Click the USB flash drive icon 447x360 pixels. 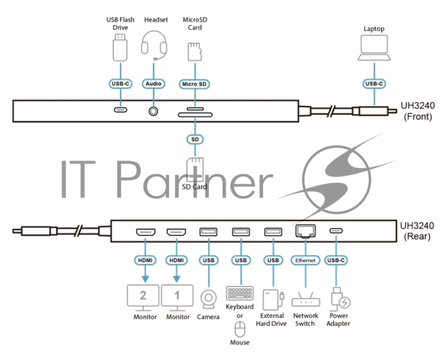point(121,48)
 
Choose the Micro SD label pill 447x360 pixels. point(194,84)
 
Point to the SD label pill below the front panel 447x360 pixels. point(194,138)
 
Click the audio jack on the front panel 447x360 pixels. point(153,110)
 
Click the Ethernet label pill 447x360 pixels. point(305,260)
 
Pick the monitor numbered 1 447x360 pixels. point(177,296)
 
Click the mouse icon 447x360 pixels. point(240,328)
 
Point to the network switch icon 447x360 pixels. point(306,300)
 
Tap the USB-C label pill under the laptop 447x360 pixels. point(374,84)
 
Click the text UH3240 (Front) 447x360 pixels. point(416,110)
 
